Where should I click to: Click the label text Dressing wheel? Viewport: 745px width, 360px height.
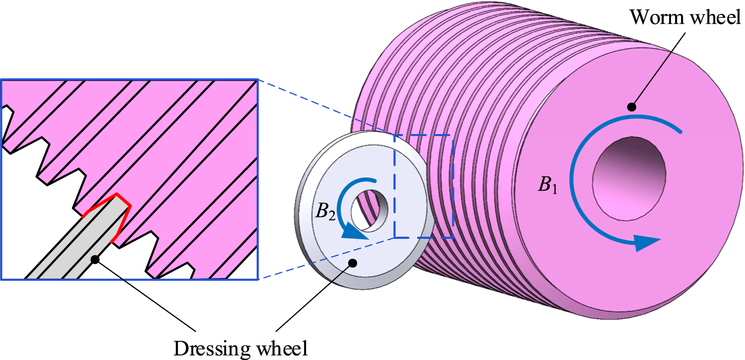click(241, 348)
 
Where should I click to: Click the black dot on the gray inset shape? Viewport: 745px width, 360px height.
click(96, 259)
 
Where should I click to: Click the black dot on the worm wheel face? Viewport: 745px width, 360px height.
click(631, 106)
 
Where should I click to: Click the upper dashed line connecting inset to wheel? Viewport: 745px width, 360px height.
click(325, 107)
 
